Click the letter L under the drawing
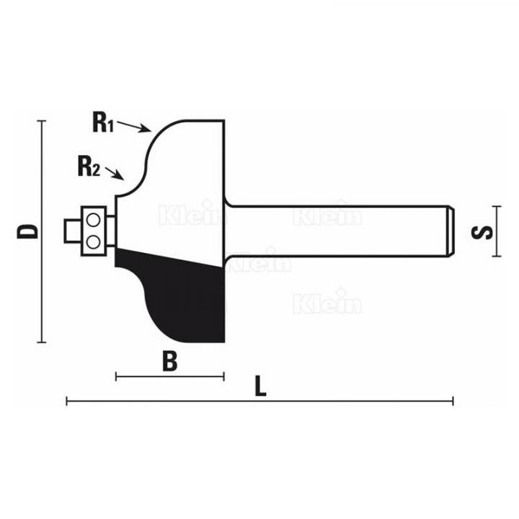pyautogui.click(x=260, y=386)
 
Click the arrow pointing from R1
pyautogui.click(x=134, y=127)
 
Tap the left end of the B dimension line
pyautogui.click(x=116, y=376)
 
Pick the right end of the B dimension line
pyautogui.click(x=224, y=376)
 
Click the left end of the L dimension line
pyautogui.click(x=67, y=401)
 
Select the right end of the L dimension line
pyautogui.click(x=453, y=401)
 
